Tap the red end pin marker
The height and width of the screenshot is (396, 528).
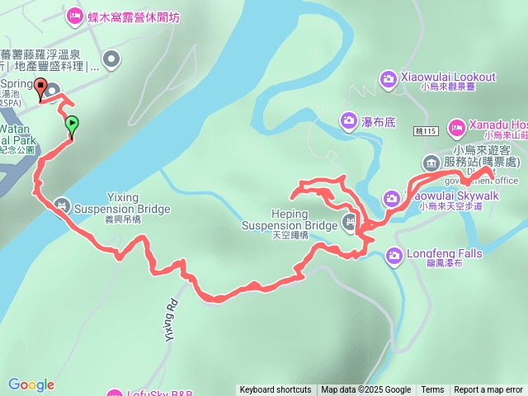coord(40,87)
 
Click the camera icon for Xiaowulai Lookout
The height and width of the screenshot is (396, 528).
coord(388,78)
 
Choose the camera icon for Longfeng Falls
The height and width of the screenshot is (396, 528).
coord(394,256)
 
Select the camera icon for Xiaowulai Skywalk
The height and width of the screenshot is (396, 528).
coord(390,198)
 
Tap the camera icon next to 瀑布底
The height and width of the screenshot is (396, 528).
coord(349,122)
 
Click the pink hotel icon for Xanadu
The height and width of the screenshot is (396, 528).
coord(456,127)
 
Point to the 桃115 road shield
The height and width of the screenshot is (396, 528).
coord(428,130)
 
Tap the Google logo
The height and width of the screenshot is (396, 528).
coord(31,384)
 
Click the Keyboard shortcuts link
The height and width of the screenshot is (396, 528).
coord(276,390)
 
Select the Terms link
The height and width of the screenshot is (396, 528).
coord(432,390)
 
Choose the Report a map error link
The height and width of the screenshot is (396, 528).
coord(488,390)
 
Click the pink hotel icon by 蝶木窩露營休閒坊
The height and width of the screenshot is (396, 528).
coord(74,16)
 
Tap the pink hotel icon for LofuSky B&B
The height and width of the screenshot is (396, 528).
coord(113,394)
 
